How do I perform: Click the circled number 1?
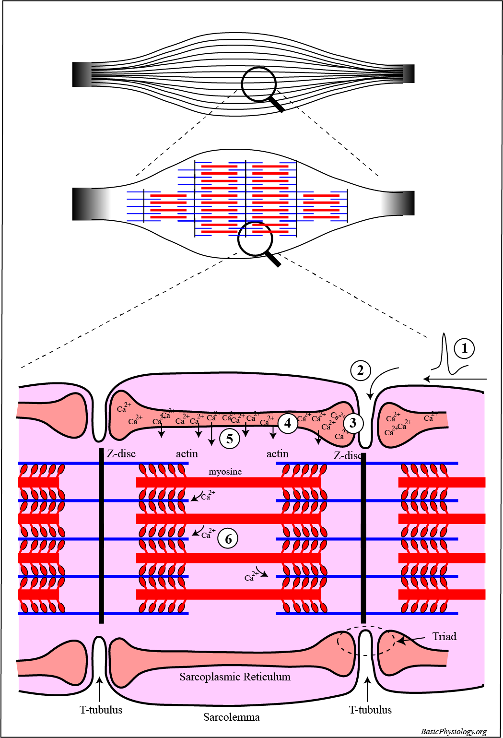coord(464,348)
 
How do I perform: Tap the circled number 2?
coord(361,370)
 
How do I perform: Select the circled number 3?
coord(353,423)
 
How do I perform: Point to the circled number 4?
coord(288,423)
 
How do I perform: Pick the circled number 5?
coord(230,438)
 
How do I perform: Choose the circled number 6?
coord(228,539)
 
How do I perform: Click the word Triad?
coord(444,637)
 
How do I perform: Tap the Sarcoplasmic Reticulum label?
coord(235,677)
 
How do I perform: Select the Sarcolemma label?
coord(231,717)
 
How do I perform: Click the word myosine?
coord(225,472)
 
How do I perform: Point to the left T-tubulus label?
coord(101,710)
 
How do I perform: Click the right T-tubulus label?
coord(370,710)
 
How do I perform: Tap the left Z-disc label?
coord(121,453)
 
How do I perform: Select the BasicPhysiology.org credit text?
coord(454,731)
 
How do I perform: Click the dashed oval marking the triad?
coord(366,641)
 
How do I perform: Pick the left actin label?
coord(187,453)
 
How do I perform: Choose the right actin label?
coord(277,453)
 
